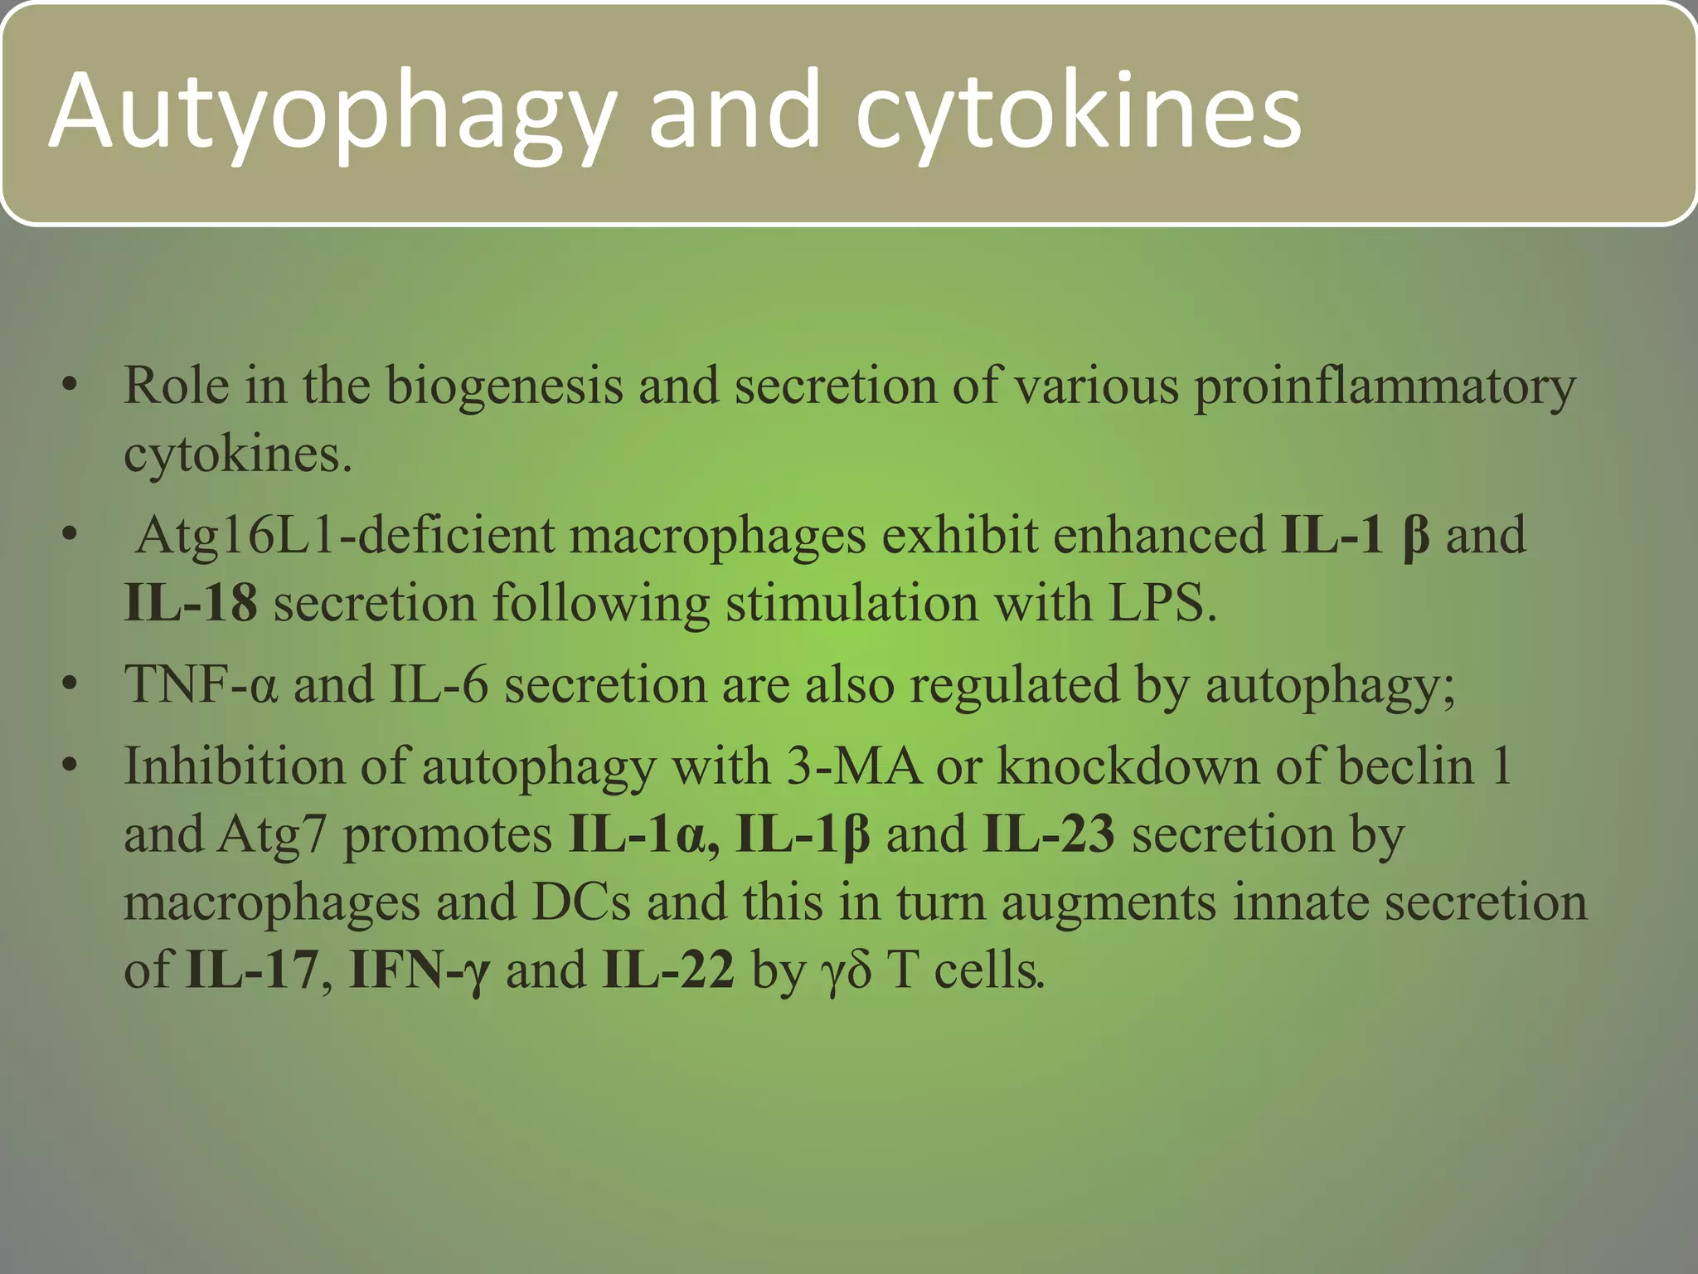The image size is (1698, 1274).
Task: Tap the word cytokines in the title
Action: pyautogui.click(x=1078, y=112)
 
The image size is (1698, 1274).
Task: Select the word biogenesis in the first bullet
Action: pyautogui.click(x=504, y=387)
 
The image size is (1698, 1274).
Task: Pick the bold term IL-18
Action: pyautogui.click(x=191, y=602)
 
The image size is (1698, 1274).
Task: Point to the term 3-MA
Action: pyautogui.click(x=853, y=766)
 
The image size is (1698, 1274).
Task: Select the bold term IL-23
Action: pyautogui.click(x=1049, y=835)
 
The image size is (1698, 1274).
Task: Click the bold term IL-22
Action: pyautogui.click(x=668, y=970)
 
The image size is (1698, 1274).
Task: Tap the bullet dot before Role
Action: pyautogui.click(x=70, y=387)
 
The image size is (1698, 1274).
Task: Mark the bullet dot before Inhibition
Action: pyautogui.click(x=70, y=766)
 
